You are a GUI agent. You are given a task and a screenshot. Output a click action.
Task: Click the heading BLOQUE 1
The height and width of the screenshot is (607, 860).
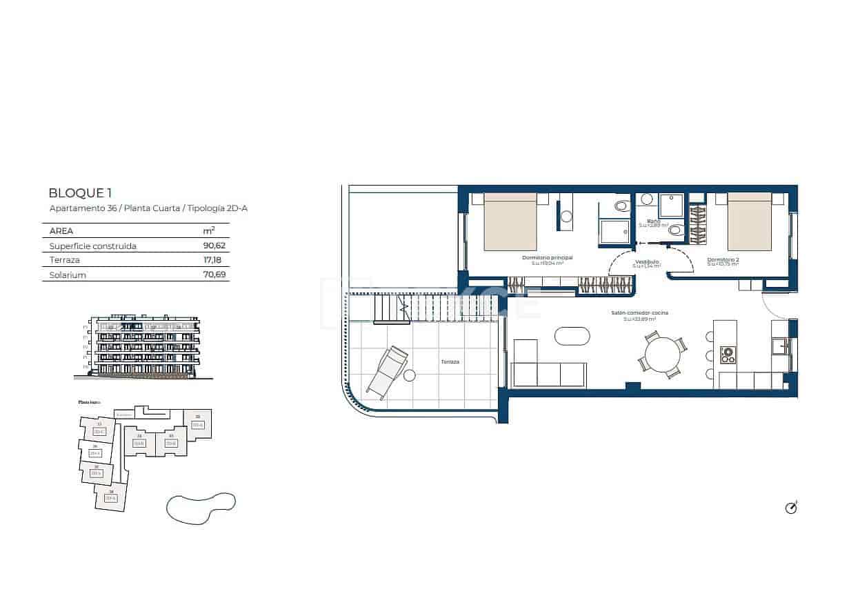click(x=80, y=193)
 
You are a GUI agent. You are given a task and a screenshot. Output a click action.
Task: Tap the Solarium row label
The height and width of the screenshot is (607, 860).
click(x=68, y=275)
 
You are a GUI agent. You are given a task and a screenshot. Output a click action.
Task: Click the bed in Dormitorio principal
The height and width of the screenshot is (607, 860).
click(x=510, y=222)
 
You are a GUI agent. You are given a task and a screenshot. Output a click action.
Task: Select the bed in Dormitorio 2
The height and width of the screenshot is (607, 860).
click(x=750, y=222)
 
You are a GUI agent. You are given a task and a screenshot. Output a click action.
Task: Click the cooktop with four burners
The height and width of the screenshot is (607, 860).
click(x=728, y=355)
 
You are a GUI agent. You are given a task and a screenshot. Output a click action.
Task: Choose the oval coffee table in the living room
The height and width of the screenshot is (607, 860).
click(x=572, y=336)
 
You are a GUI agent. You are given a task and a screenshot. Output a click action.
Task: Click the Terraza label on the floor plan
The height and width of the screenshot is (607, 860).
click(x=450, y=361)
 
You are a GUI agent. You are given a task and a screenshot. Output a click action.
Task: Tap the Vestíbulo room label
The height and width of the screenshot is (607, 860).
click(x=648, y=262)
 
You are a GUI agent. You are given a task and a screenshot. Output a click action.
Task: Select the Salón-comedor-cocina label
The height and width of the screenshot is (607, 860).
click(x=639, y=312)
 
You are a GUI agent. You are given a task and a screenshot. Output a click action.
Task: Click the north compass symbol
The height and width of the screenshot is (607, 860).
click(x=791, y=508)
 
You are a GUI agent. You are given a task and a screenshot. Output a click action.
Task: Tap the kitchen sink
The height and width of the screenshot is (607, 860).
click(x=781, y=345)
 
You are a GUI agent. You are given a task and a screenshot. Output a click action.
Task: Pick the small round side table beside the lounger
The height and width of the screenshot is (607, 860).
click(x=410, y=376)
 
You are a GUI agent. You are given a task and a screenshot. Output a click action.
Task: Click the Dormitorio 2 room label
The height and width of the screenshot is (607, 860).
click(x=723, y=260)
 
